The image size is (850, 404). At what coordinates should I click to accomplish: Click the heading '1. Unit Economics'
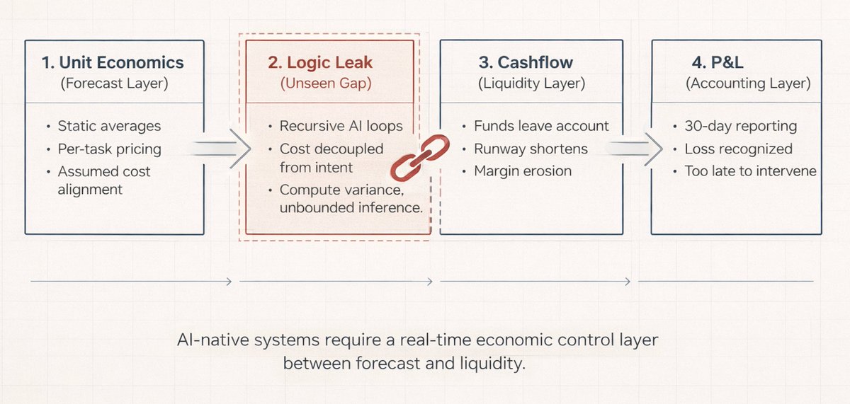113,62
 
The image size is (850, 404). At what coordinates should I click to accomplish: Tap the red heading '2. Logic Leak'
320,62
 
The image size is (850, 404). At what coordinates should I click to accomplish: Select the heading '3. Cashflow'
531,62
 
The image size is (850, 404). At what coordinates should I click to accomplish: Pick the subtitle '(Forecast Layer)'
113,83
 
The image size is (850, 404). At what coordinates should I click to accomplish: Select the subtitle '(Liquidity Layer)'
531,83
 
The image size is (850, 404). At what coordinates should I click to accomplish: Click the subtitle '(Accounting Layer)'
747,83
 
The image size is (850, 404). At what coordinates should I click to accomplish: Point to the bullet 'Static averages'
109,127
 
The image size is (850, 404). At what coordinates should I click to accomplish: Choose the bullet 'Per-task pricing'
109,149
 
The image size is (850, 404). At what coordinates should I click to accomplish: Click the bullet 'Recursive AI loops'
341,127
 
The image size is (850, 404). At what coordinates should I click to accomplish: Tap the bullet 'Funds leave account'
541,127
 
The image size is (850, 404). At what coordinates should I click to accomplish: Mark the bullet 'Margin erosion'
522,171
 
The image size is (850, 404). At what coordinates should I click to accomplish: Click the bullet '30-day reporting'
740,127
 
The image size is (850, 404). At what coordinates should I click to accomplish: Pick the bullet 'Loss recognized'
738,149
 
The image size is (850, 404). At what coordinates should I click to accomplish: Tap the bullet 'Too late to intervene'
750,171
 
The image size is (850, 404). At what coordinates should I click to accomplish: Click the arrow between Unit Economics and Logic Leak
223,149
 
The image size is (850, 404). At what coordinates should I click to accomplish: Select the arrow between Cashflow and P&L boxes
635,149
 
